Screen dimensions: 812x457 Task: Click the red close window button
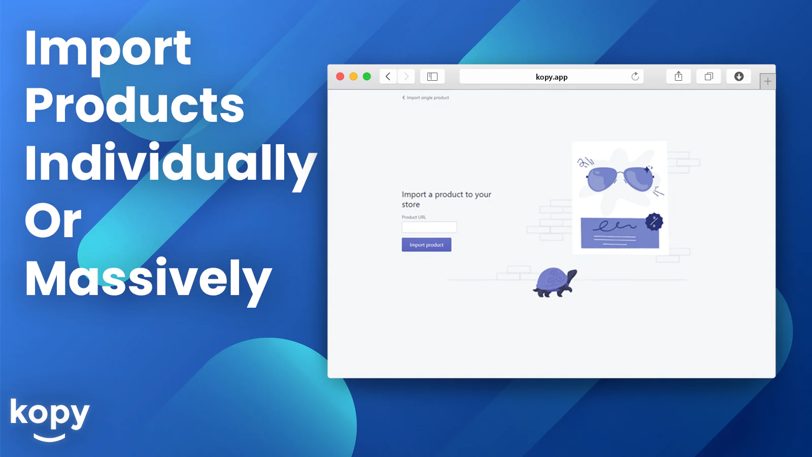coord(340,77)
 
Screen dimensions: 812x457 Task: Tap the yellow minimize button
coord(353,77)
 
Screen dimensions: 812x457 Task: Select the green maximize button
coord(367,77)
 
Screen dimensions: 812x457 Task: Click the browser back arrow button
coord(388,77)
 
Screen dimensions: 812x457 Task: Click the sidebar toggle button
coord(432,77)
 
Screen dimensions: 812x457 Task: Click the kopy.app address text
coord(551,77)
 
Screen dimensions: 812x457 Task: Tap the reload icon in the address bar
coord(635,77)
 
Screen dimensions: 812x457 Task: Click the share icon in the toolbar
coord(679,77)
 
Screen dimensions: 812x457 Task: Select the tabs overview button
coord(708,77)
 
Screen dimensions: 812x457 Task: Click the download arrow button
coord(739,77)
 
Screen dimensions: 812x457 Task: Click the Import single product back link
coord(426,97)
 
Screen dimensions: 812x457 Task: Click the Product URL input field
coord(429,227)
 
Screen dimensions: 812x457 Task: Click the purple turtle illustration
coord(555,282)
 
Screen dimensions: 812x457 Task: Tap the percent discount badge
coord(654,221)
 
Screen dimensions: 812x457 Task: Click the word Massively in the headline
coord(148,280)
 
